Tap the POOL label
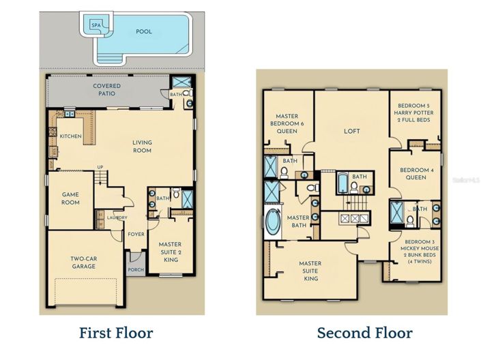tap(144, 31)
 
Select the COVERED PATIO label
tap(107, 90)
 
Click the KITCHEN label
tap(71, 136)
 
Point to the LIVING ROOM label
tap(142, 147)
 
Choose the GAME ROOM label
tap(71, 198)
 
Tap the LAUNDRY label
tap(116, 218)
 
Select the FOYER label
tap(136, 235)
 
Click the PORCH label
tap(136, 269)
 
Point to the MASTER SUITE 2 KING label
tap(170, 251)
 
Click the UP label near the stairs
tap(100, 167)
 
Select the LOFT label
tap(352, 131)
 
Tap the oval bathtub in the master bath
tap(273, 222)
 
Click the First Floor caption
tap(116, 333)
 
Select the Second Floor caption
tap(364, 333)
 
